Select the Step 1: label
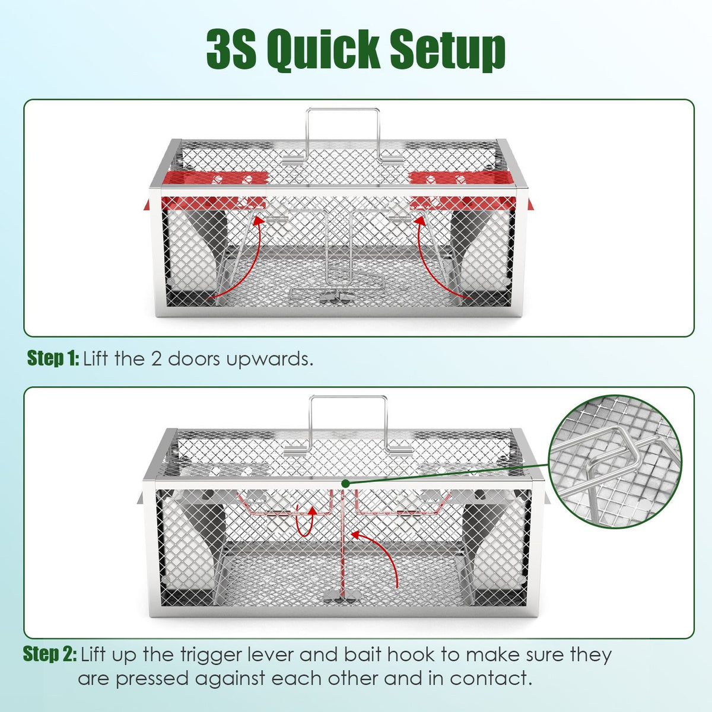(x=53, y=358)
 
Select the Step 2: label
(x=50, y=654)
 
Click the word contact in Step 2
(x=491, y=678)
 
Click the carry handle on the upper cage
(x=342, y=133)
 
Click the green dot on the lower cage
(x=345, y=484)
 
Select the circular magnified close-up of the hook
(x=615, y=462)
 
